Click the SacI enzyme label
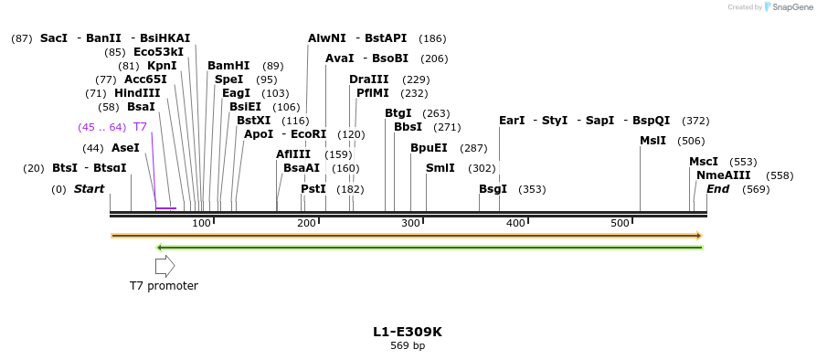[54, 38]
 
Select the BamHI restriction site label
[228, 66]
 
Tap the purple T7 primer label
[140, 127]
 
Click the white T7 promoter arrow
[164, 266]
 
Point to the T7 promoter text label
[164, 286]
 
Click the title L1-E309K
[408, 332]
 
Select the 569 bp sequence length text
[408, 346]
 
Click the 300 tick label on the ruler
[411, 224]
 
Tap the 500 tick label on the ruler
[621, 224]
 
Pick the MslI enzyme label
[653, 141]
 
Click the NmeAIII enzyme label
[724, 175]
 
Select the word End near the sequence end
[718, 189]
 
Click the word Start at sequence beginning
[89, 189]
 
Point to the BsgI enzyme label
[493, 189]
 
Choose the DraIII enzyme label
[369, 79]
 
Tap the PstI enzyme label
[313, 189]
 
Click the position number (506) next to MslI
[691, 141]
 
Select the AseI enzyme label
[125, 148]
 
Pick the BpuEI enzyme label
[429, 147]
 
